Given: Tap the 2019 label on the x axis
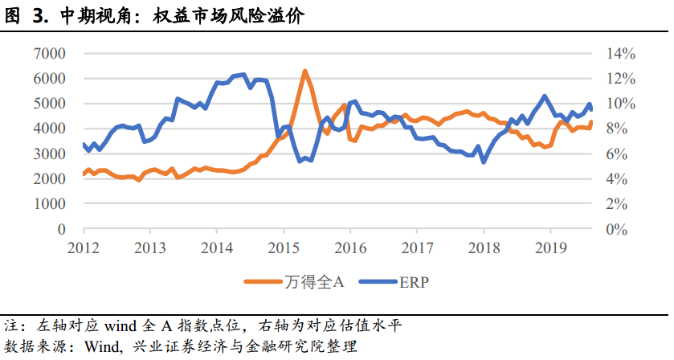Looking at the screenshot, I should tap(549, 246).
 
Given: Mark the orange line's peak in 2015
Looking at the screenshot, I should tap(305, 72).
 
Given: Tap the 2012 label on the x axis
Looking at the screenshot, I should tap(84, 246).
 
